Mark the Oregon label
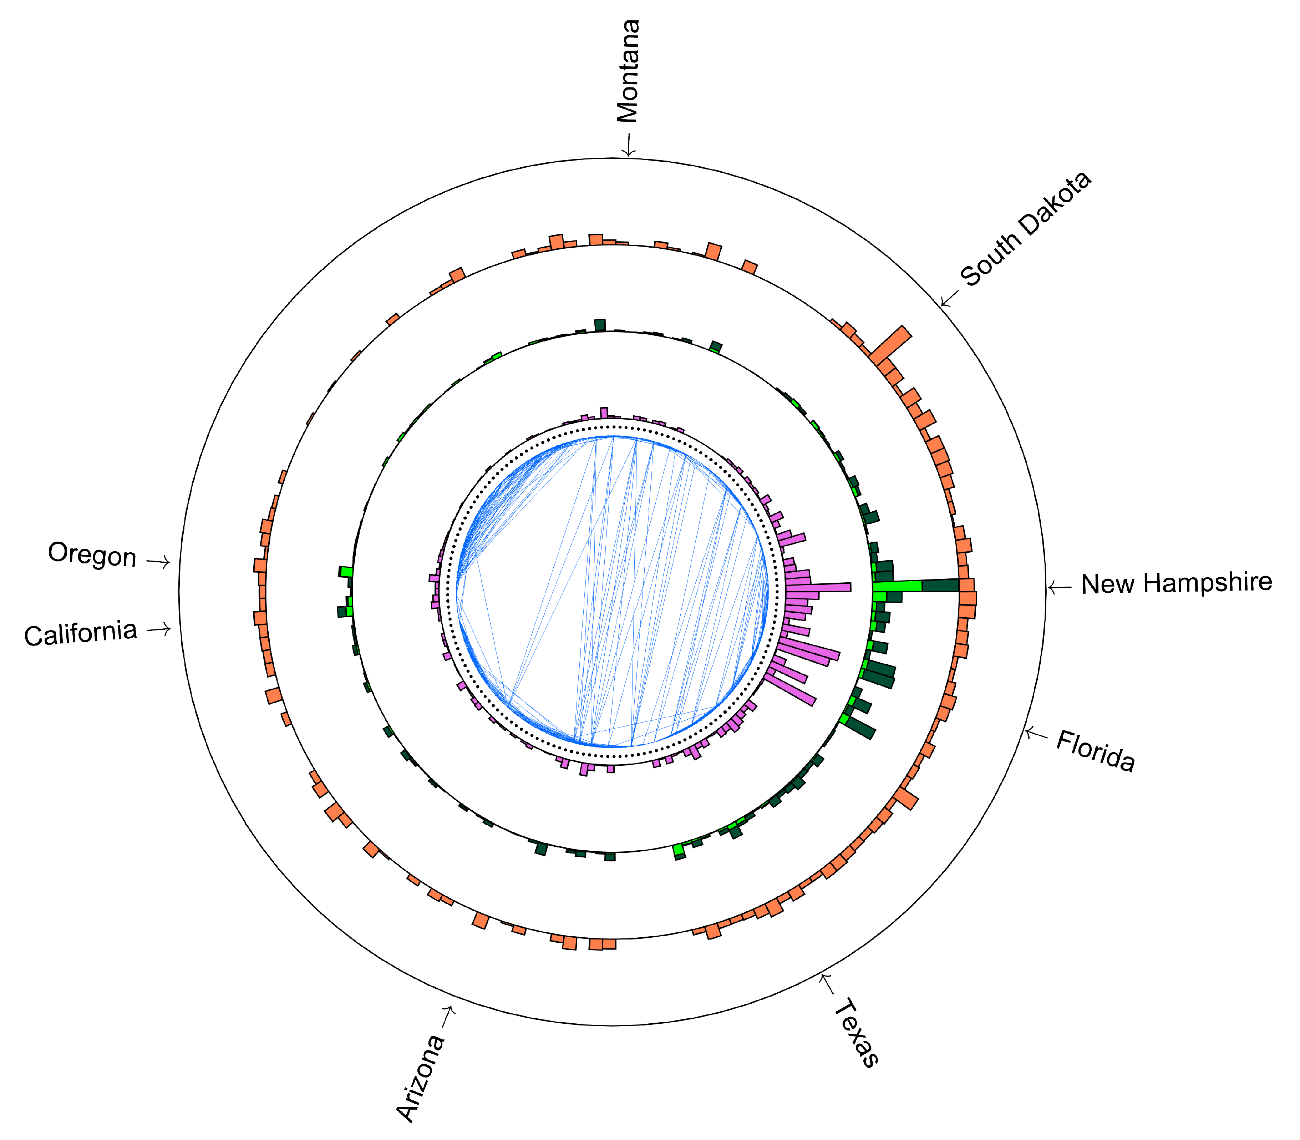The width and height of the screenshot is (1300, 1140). [92, 555]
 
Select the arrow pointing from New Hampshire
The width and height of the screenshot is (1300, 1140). [1059, 587]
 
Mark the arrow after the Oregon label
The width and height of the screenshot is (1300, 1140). [159, 562]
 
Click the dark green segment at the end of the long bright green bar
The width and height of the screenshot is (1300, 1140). [940, 585]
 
